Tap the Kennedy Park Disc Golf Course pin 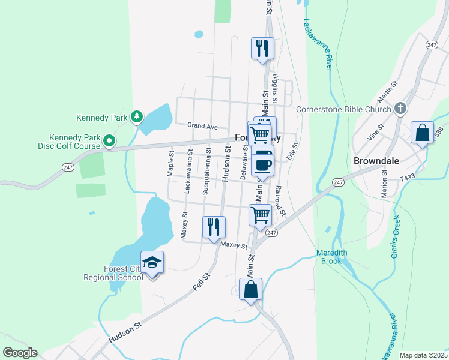point(109,141)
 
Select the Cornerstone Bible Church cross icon point(400,109)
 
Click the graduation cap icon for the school point(152,262)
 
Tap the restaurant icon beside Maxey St point(214,227)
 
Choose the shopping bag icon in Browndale point(422,133)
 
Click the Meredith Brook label point(332,257)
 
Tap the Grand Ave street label point(202,126)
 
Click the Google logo point(19,353)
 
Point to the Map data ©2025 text point(423,355)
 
